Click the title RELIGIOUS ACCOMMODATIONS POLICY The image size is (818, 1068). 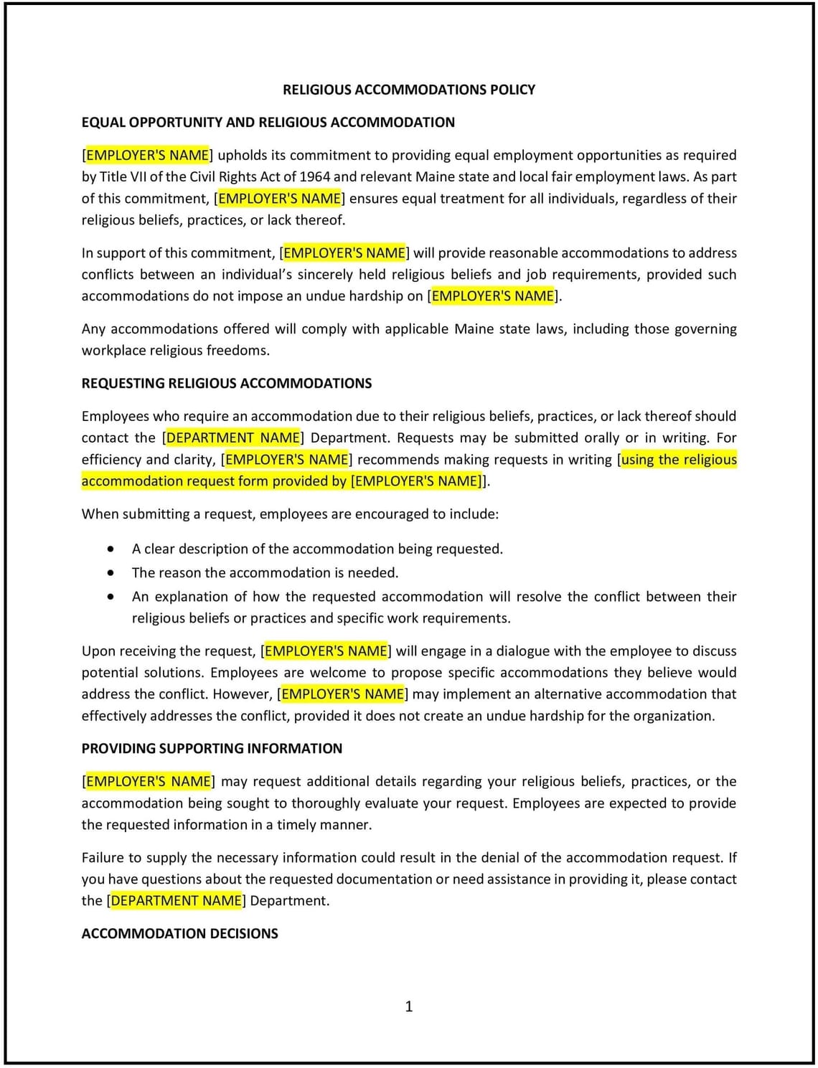(409, 90)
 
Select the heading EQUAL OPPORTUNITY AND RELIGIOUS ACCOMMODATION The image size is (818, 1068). (268, 122)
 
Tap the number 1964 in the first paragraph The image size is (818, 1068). (314, 176)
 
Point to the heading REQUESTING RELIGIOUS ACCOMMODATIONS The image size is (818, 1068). (226, 383)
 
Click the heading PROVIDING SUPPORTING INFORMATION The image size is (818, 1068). (212, 748)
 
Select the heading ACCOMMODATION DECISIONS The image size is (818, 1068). (179, 933)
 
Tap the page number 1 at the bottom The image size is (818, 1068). (409, 1006)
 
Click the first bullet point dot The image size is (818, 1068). (111, 549)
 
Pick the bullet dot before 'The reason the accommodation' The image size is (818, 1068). (111, 573)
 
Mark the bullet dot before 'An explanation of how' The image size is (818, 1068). (111, 597)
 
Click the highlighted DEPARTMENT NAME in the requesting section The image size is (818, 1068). (233, 438)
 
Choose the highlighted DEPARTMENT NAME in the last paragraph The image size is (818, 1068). (177, 900)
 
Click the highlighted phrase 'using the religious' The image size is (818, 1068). (679, 459)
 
